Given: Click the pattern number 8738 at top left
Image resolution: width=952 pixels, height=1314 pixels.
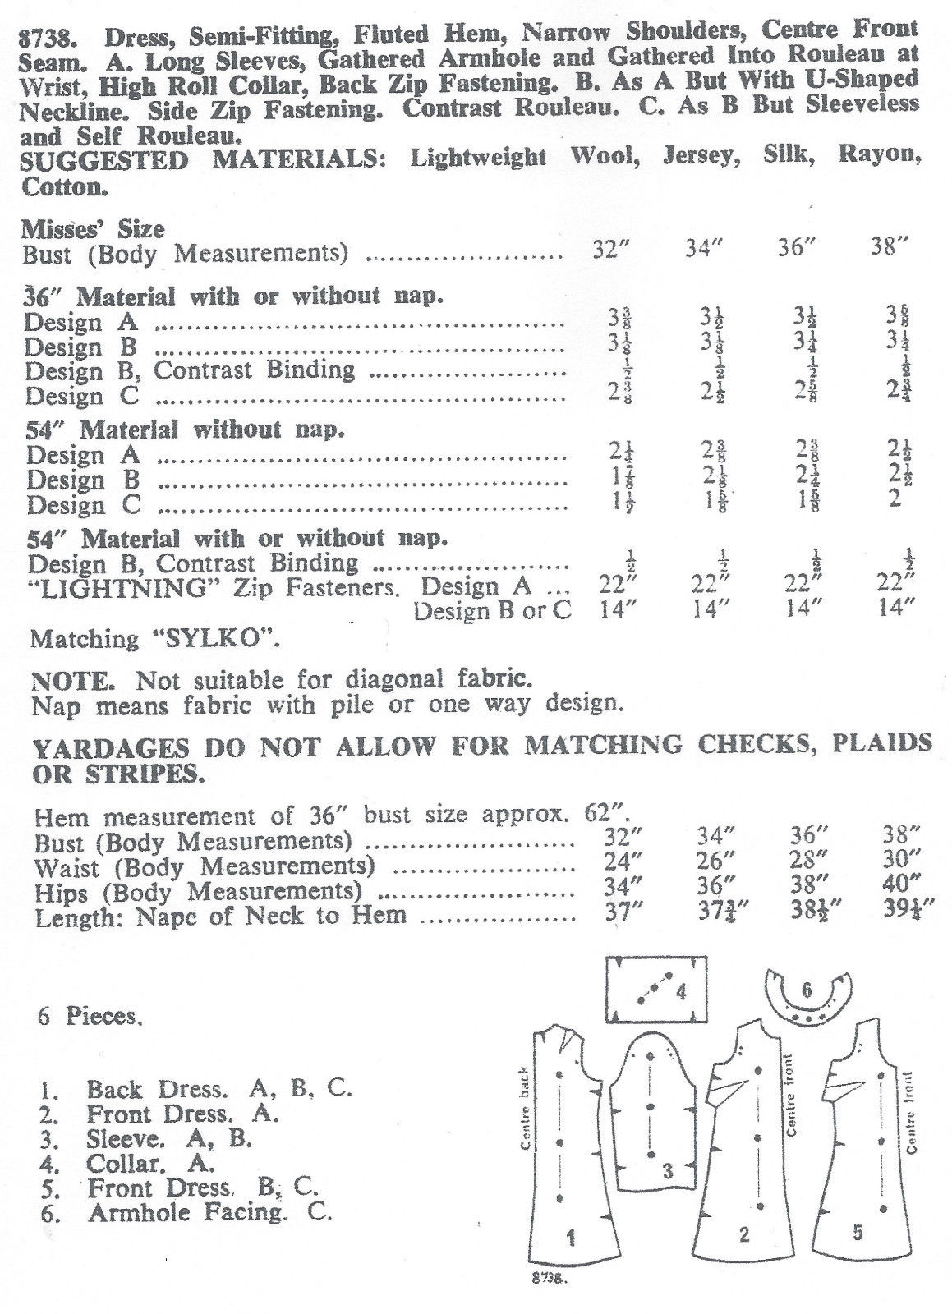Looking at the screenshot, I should [x=41, y=35].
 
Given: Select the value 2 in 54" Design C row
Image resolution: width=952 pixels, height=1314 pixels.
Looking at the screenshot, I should [x=894, y=498].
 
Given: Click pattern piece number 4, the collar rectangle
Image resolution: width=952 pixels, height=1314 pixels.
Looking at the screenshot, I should [x=657, y=990].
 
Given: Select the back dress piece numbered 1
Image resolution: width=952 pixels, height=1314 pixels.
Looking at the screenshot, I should [x=567, y=1166].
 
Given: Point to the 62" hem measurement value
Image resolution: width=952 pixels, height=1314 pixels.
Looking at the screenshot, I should [x=611, y=816].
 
